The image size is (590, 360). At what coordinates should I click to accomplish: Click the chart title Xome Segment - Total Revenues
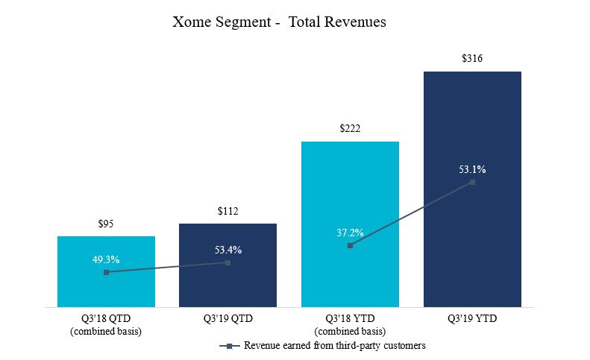[279, 22]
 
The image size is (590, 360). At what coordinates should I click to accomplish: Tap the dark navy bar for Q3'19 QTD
[227, 283]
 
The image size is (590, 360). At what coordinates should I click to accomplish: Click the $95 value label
[106, 224]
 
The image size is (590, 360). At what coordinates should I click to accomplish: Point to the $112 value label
[227, 211]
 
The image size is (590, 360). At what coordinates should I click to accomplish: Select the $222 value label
[350, 129]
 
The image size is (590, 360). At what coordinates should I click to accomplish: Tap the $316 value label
[472, 58]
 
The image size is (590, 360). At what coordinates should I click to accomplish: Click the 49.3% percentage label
[106, 259]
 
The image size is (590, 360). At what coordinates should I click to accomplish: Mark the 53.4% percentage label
[227, 249]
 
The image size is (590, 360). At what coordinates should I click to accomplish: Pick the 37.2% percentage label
[350, 233]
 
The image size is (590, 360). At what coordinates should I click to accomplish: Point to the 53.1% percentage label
[472, 169]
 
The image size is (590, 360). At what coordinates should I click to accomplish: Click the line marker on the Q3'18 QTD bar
[106, 273]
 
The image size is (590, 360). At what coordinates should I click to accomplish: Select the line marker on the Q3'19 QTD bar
[227, 262]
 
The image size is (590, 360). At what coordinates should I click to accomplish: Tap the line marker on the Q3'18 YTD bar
[350, 245]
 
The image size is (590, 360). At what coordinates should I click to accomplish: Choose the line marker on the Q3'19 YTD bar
[472, 182]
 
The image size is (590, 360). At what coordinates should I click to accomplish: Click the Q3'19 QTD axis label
[227, 319]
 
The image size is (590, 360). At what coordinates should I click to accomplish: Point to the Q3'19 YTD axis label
[472, 319]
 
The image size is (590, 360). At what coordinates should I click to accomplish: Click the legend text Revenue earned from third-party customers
[334, 346]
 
